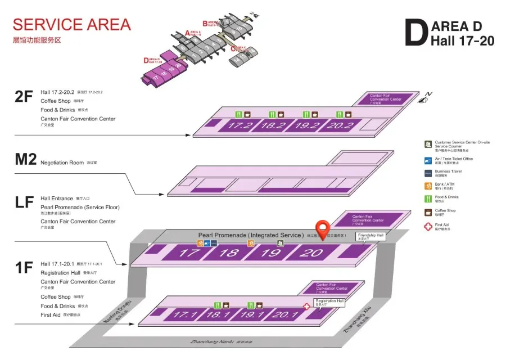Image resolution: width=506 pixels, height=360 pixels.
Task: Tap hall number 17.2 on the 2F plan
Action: point(240,125)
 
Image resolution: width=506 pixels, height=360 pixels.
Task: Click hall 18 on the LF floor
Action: point(229,253)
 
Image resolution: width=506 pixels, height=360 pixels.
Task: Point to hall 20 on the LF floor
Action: point(310,253)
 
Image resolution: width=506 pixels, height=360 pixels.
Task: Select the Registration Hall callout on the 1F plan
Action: point(329,302)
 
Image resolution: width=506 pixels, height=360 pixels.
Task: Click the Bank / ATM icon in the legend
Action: point(428,186)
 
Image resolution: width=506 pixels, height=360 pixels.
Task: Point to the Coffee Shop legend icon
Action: point(428,212)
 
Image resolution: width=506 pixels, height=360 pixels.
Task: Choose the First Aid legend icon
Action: point(428,226)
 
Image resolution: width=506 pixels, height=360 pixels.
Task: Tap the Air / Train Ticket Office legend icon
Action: point(428,160)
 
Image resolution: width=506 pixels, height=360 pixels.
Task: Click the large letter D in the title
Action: point(417,34)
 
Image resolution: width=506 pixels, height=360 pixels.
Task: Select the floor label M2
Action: point(26,159)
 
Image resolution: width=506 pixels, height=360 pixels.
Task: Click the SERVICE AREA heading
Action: point(71,25)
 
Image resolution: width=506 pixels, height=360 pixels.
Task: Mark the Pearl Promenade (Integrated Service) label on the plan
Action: point(250,235)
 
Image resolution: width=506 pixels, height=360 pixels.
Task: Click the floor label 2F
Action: point(24,97)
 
